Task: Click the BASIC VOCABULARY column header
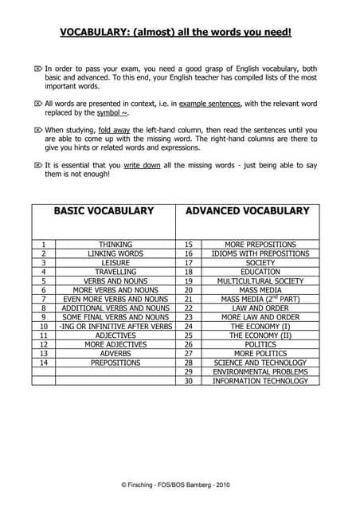(x=103, y=211)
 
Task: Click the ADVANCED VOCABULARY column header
(x=247, y=211)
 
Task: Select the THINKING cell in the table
(x=115, y=245)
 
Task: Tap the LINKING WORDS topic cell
(x=115, y=253)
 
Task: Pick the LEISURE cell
(x=115, y=263)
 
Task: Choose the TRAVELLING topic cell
(x=115, y=272)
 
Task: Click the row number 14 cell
(x=44, y=363)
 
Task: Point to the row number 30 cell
(x=189, y=381)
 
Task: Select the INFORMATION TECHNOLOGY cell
(x=260, y=381)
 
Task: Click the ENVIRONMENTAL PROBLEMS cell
(x=260, y=372)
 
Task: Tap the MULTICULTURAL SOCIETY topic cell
(x=260, y=281)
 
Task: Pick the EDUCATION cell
(x=260, y=272)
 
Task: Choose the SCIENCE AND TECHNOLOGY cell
(x=260, y=363)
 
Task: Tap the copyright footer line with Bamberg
(x=179, y=484)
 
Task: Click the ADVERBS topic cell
(x=115, y=354)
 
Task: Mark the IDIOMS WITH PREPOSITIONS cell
(x=260, y=253)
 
